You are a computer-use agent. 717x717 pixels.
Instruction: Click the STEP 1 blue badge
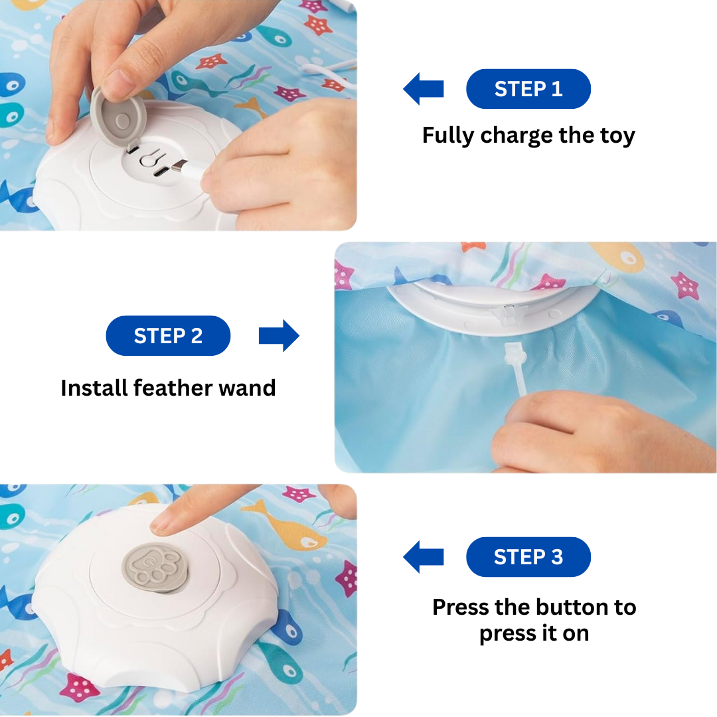click(528, 89)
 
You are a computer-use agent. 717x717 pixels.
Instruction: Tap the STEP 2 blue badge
click(168, 336)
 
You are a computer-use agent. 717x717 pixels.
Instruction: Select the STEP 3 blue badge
click(528, 557)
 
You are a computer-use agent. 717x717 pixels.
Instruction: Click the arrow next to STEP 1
click(424, 89)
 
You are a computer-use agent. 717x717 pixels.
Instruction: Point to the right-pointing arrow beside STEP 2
click(279, 336)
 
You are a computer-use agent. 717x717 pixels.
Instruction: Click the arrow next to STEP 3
click(424, 557)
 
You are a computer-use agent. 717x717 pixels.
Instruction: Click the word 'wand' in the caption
click(248, 388)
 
